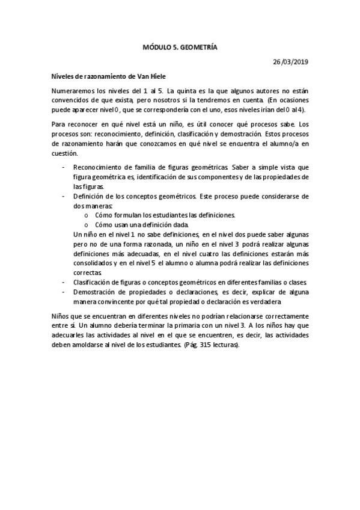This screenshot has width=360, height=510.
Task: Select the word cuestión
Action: pos(66,153)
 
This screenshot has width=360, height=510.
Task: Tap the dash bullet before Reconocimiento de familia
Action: pos(64,167)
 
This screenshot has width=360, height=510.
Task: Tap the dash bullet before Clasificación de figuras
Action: pos(64,282)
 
